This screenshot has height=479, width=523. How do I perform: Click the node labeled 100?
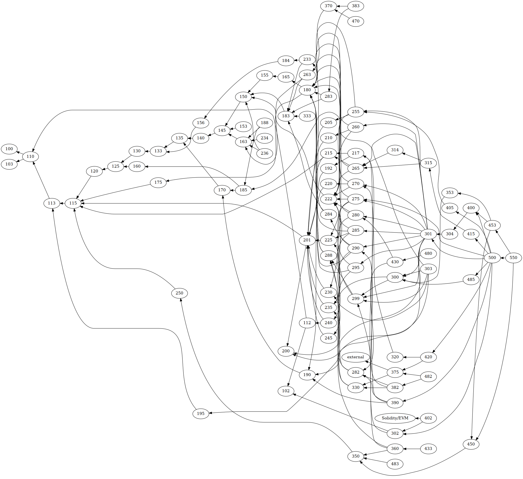[x=9, y=149]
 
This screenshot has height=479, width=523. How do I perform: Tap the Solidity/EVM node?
[x=395, y=418]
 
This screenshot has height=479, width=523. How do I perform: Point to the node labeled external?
[x=355, y=357]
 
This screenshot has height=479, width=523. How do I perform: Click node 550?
[x=513, y=258]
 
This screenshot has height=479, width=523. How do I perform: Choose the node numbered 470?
[x=355, y=21]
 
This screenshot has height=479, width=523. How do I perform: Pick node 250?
[x=179, y=293]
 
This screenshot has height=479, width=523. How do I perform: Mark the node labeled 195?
[x=200, y=413]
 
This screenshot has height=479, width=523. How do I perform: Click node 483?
[x=395, y=464]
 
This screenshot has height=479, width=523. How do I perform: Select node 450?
[x=471, y=444]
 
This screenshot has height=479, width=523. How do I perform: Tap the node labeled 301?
[x=428, y=234]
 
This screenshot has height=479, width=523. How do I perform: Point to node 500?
[x=492, y=258]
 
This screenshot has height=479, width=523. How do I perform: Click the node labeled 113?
[x=52, y=203]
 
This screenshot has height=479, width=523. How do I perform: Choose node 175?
[x=158, y=182]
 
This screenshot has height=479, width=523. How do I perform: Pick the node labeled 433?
[x=428, y=448]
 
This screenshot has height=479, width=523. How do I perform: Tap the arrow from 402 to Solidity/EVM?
[x=418, y=418]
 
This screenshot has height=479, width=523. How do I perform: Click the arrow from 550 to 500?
[x=503, y=258]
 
